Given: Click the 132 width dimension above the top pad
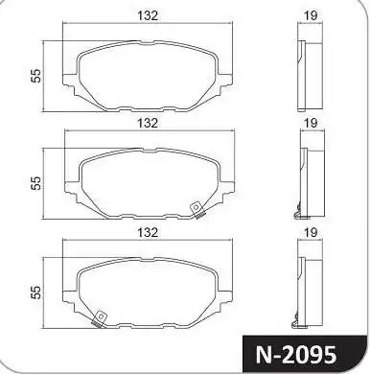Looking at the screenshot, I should pos(147,16).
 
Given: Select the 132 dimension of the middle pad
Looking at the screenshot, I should pos(147,123).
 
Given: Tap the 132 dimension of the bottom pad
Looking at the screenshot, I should pos(147,231).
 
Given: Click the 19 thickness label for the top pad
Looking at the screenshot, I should pos(310,16).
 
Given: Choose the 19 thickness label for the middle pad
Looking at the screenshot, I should pos(310,123).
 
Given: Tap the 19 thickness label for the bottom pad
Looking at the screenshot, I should pos(310,231).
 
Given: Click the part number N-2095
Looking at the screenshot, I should pos(308,352).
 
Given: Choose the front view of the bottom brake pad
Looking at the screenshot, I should pos(147,288).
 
